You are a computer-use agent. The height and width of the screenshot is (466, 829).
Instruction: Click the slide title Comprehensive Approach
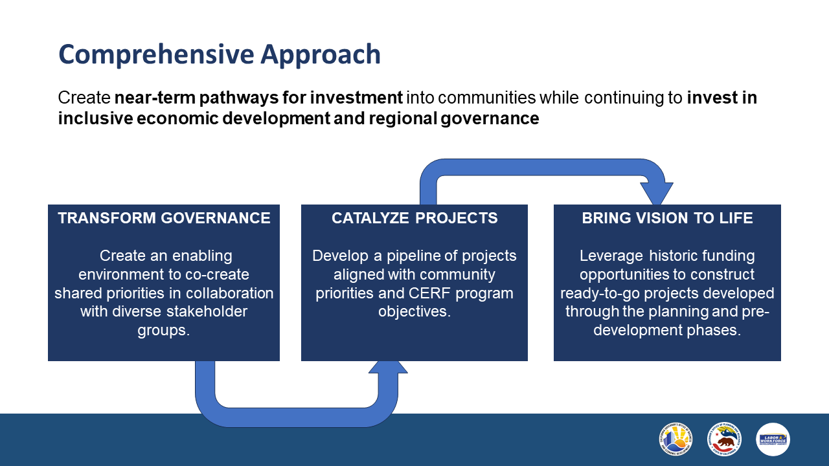coord(219,54)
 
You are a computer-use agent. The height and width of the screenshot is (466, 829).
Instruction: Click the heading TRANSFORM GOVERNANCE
coord(164,218)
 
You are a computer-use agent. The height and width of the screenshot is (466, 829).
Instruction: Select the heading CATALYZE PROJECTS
coord(414,218)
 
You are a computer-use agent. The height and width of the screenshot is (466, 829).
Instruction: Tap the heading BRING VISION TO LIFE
coord(667,218)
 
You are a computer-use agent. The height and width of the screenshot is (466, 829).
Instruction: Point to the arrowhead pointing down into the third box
coord(657,194)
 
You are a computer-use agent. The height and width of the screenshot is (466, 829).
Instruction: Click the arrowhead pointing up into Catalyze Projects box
coord(388,367)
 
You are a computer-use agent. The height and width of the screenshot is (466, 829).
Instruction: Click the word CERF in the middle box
coord(435,293)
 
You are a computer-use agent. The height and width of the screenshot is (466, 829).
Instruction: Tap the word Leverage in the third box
coord(606,256)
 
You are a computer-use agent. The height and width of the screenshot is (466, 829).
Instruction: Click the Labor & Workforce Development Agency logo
coord(773,439)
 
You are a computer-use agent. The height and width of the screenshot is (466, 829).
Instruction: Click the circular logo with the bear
coord(724,439)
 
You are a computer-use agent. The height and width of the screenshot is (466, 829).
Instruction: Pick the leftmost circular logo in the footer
coord(676,439)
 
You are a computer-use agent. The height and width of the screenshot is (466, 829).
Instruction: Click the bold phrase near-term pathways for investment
coord(259,98)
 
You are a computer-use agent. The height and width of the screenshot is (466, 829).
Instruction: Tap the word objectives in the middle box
coord(414,312)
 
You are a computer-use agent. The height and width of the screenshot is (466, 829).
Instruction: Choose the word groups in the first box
coord(163,331)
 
